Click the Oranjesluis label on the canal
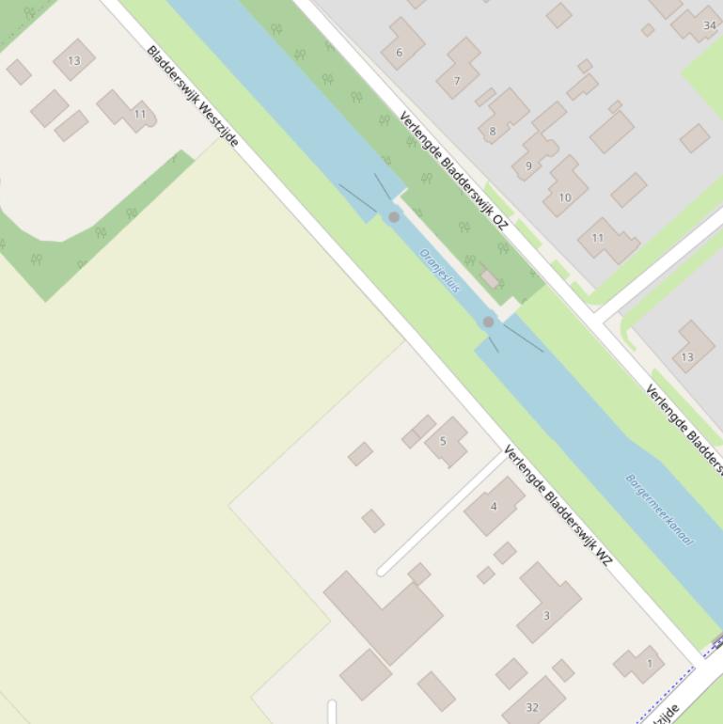click(440, 271)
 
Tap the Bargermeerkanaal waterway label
click(659, 510)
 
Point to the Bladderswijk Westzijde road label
click(193, 96)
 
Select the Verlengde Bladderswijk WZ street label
click(558, 506)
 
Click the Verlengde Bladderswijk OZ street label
click(453, 171)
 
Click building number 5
click(445, 440)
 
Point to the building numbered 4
click(495, 505)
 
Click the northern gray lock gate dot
click(394, 217)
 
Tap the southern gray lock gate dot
click(488, 322)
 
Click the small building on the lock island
click(490, 278)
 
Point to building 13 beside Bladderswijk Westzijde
click(73, 60)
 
